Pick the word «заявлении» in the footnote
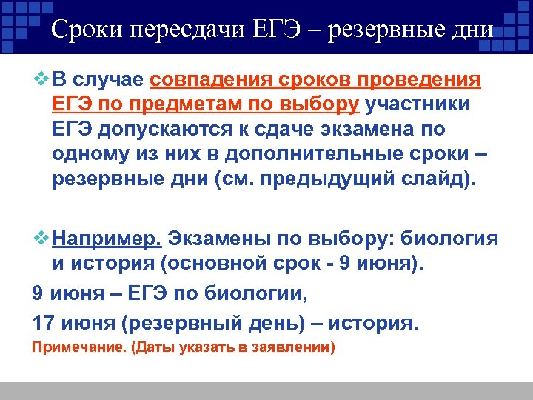(295, 347)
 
